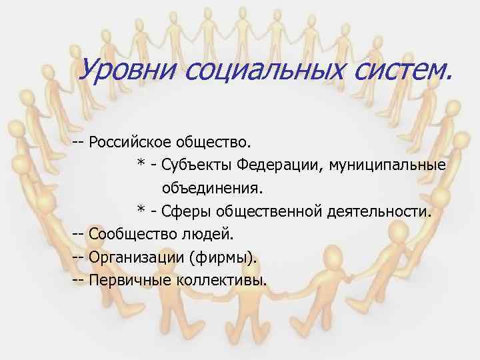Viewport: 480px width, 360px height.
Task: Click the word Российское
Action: (x=131, y=142)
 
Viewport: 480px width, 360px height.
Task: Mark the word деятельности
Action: (x=380, y=211)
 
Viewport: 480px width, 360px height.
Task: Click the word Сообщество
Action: (x=131, y=234)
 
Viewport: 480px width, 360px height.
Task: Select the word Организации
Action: (x=135, y=257)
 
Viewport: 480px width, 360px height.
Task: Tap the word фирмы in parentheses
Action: (x=222, y=257)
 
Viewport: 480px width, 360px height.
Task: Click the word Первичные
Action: (x=129, y=280)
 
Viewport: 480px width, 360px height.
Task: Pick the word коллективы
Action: (x=222, y=280)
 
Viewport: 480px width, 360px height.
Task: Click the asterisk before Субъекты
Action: (x=141, y=163)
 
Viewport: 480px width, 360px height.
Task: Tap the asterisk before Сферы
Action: (x=141, y=210)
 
